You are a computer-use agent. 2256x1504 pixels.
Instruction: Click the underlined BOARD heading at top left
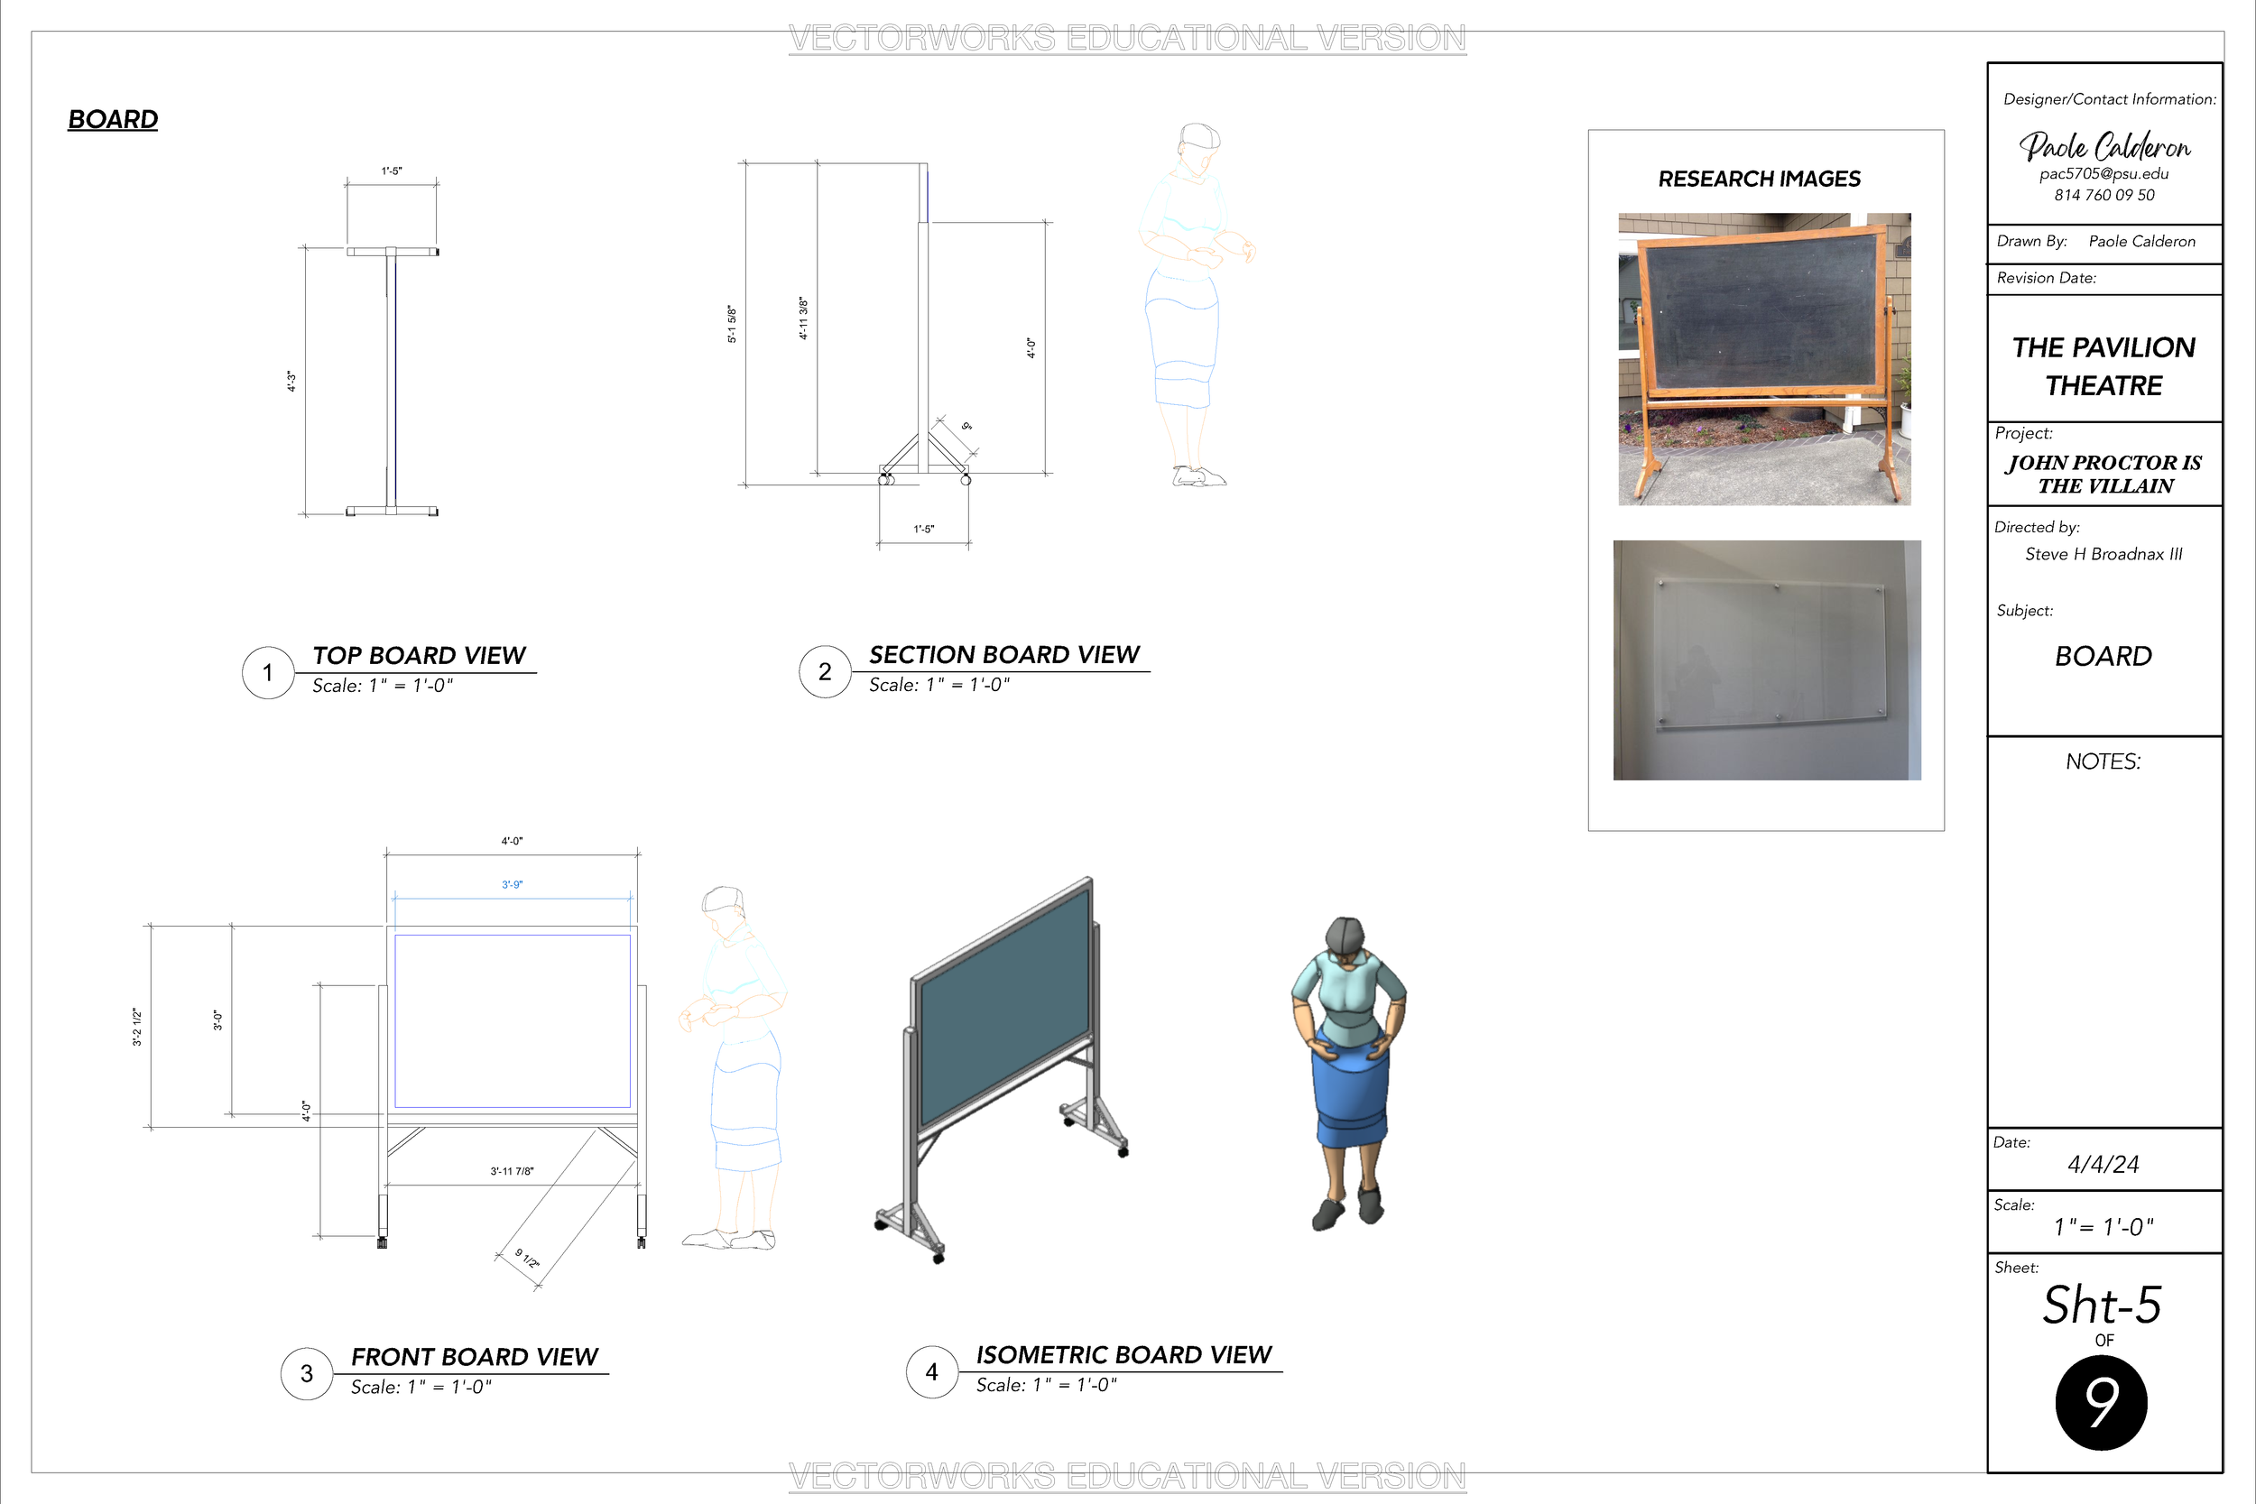(x=113, y=120)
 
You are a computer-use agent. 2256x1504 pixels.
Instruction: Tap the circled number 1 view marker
(x=268, y=672)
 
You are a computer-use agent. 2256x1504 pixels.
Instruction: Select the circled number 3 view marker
(x=307, y=1373)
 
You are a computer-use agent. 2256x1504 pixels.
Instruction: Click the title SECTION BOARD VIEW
(x=1003, y=655)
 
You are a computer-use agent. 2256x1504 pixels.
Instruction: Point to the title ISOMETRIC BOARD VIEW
(x=1123, y=1354)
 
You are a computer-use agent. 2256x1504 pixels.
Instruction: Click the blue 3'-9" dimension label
(x=513, y=884)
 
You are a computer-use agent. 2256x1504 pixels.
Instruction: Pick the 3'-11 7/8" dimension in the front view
(x=513, y=1171)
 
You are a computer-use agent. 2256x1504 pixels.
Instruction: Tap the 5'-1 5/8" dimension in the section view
(x=732, y=324)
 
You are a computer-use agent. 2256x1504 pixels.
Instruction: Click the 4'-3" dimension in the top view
(x=291, y=382)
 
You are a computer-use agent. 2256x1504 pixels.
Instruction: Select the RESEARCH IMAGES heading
(x=1759, y=180)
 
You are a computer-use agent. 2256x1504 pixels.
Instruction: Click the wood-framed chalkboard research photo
(x=1764, y=359)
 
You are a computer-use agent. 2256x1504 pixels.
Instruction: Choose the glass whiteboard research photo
(x=1767, y=660)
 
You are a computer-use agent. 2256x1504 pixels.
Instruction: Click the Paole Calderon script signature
(x=2104, y=146)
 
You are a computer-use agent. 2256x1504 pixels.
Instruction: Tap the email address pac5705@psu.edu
(x=2103, y=173)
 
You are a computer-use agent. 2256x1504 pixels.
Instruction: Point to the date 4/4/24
(x=2103, y=1165)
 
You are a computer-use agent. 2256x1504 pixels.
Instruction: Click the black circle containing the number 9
(x=2102, y=1402)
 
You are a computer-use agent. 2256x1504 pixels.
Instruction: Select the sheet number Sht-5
(x=2102, y=1306)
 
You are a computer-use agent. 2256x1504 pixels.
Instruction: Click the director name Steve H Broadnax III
(x=2103, y=554)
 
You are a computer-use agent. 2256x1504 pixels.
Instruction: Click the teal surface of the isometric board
(x=1004, y=1007)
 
